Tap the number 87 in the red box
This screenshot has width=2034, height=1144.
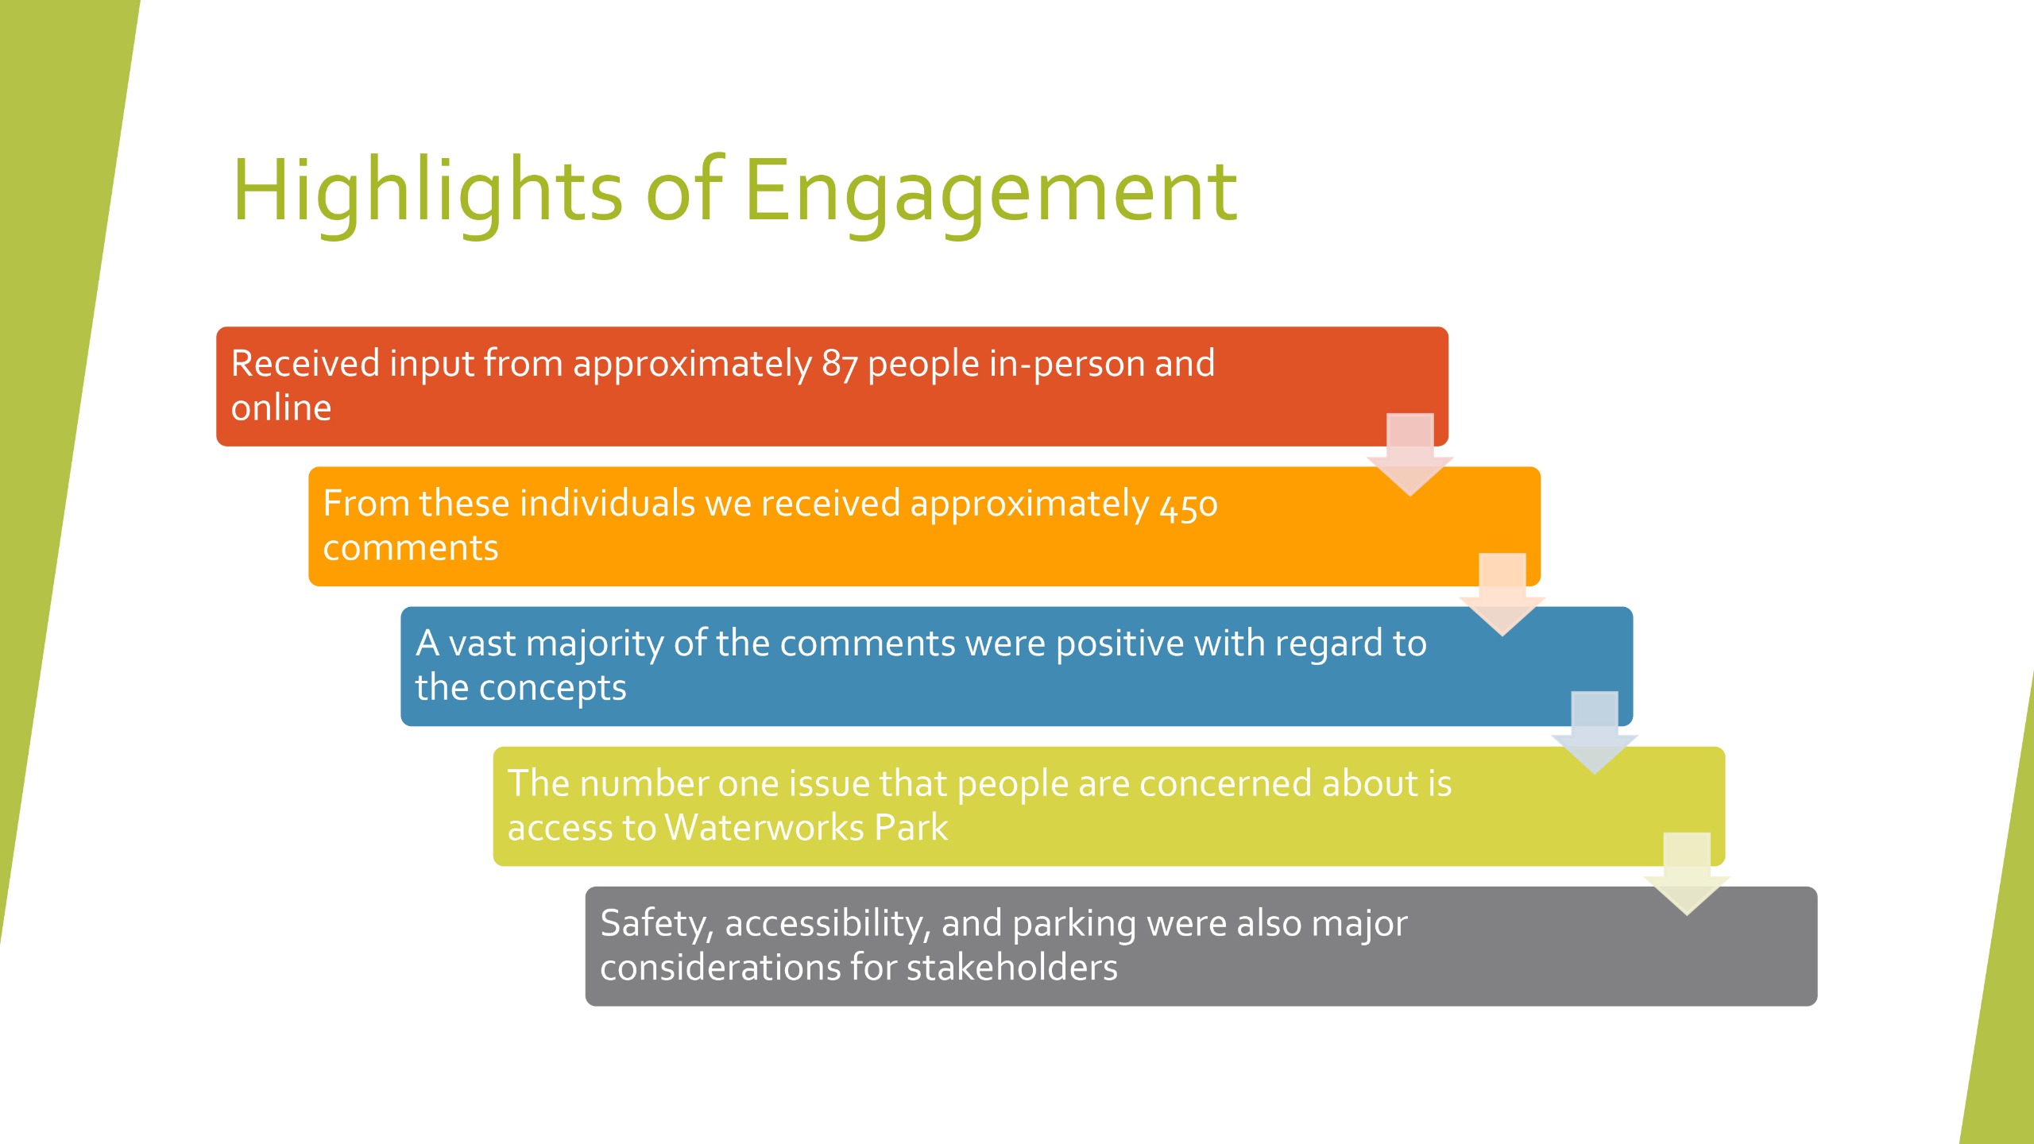pos(840,364)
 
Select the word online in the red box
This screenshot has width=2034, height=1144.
pos(281,408)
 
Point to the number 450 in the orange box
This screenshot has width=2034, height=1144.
pos(1188,505)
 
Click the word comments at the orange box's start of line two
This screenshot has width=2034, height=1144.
pos(411,548)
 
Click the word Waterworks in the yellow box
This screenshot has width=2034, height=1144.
pos(764,827)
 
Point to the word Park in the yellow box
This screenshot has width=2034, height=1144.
pos(911,827)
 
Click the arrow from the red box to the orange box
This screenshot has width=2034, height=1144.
pos(1410,454)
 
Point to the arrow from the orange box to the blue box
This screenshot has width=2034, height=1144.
pos(1502,594)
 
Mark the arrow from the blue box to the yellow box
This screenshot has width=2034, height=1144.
pos(1595,732)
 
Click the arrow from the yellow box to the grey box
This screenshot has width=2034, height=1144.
pos(1687,874)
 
